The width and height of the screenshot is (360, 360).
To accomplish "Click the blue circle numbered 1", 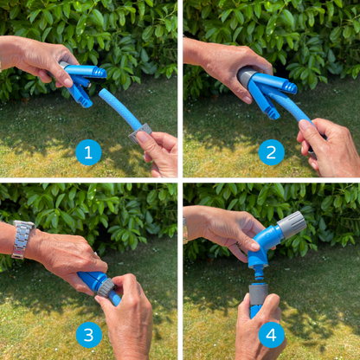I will pos(88,153).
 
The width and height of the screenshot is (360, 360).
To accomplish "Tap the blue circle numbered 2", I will pos(271,153).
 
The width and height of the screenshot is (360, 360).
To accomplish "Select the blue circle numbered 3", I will pos(88,334).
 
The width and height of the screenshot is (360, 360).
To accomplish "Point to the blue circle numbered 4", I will pos(271,334).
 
